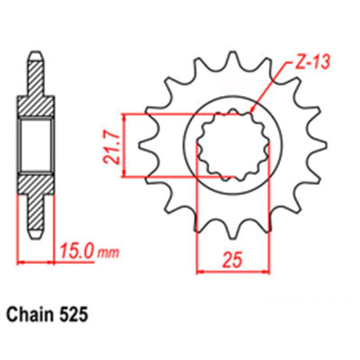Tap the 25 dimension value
pyautogui.click(x=228, y=258)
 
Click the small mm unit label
pyautogui.click(x=108, y=254)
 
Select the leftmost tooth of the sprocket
pyautogui.click(x=143, y=144)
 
